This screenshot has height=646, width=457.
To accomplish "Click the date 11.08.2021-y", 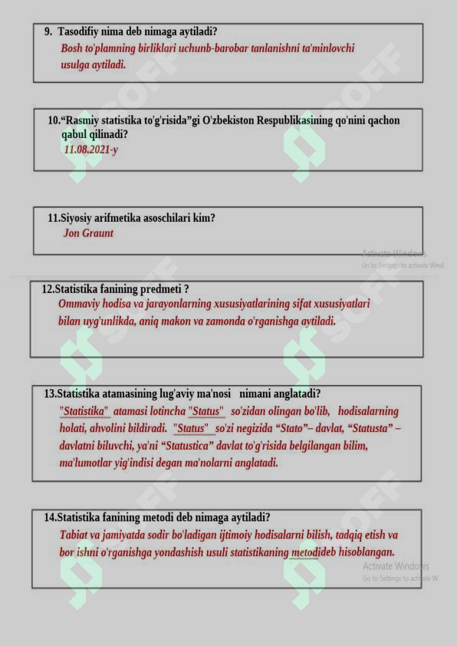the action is (90, 150).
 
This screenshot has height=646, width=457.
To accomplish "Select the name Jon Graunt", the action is (88, 233).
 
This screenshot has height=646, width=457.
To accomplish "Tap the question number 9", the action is (48, 31).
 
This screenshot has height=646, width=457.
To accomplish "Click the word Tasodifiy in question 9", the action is (81, 31).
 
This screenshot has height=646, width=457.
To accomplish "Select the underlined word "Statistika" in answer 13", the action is (84, 411).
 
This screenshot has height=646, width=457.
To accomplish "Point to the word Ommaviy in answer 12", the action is (80, 304).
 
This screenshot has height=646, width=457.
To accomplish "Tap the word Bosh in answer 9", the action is (71, 48).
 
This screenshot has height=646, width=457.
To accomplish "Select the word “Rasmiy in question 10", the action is (81, 120).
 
